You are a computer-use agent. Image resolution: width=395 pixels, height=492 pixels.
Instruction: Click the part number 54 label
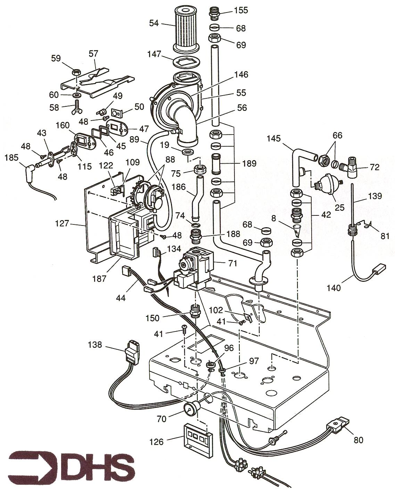(154, 23)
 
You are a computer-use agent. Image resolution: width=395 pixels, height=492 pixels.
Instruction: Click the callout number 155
(241, 10)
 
